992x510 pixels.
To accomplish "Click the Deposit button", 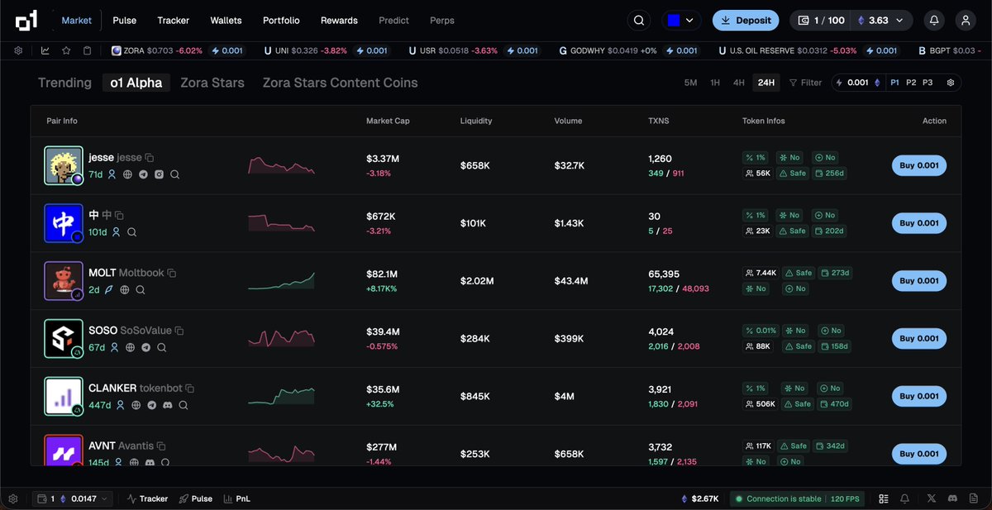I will [746, 20].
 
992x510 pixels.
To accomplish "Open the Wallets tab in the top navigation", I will [226, 20].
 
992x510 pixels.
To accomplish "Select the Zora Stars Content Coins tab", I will [340, 83].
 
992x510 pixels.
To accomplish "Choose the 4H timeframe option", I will [738, 83].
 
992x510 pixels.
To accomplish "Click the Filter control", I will [805, 83].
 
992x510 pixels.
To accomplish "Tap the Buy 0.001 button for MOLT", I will [918, 281].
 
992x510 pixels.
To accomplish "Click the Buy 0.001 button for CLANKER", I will [918, 396].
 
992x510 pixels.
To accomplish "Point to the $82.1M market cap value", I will [383, 274].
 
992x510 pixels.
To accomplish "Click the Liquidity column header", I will [476, 121].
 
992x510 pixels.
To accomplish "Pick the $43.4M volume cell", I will [571, 281].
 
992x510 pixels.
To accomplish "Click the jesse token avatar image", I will [64, 165].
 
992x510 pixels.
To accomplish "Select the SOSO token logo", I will [64, 338].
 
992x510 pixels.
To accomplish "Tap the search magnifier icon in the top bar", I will [639, 20].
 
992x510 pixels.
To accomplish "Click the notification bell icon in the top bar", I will [934, 20].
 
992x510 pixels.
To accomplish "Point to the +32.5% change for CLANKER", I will [380, 404].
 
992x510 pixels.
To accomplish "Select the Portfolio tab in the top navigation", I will [281, 20].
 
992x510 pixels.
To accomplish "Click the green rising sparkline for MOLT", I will [281, 281].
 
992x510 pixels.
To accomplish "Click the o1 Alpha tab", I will [136, 83].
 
